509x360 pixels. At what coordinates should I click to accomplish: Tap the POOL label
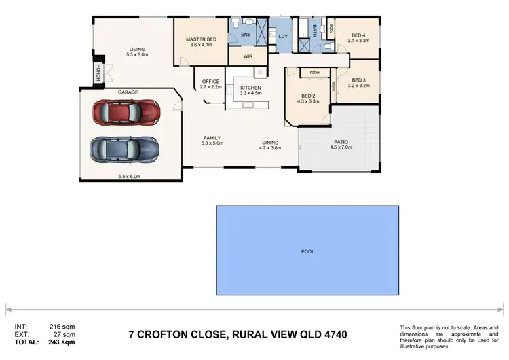click(307, 251)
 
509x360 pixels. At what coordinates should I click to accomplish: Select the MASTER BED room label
click(200, 40)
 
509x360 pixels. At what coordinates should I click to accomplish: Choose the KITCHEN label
click(250, 88)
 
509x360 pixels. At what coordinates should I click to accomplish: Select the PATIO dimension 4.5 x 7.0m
click(341, 147)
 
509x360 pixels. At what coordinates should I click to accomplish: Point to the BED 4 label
click(359, 35)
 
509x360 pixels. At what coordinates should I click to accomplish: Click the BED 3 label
click(358, 80)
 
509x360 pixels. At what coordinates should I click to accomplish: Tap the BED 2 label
click(308, 96)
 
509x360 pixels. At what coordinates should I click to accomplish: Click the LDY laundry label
click(284, 37)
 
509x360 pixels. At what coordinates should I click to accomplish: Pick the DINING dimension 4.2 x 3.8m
click(269, 147)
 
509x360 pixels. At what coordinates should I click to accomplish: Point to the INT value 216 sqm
click(63, 327)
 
